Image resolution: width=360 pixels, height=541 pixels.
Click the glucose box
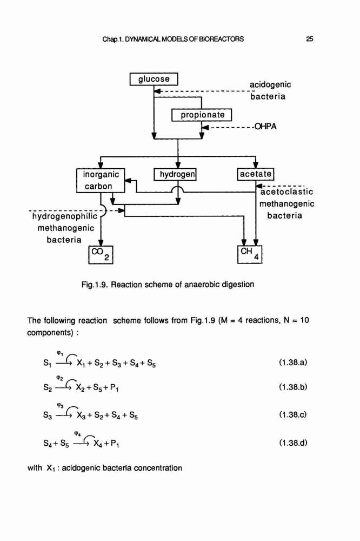click(154, 79)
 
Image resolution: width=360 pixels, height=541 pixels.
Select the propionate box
click(202, 115)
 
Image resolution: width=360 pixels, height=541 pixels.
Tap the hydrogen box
click(175, 174)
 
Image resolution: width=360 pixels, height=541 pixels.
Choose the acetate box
click(256, 174)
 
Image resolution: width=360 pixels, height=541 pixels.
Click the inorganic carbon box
click(101, 181)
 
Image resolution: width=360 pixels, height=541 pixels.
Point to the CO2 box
click(101, 255)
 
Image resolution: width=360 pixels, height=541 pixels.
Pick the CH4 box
click(250, 254)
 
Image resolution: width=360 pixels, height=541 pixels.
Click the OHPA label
click(265, 127)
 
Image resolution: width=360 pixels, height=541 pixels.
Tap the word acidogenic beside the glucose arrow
click(270, 85)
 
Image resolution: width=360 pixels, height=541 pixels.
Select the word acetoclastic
click(286, 192)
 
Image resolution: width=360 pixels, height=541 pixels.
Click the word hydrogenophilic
click(65, 217)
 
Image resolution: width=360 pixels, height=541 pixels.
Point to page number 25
click(309, 39)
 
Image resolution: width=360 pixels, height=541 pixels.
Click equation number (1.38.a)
click(293, 362)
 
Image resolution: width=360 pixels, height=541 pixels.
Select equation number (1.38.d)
click(293, 443)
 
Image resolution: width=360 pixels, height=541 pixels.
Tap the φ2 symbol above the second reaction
click(61, 379)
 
